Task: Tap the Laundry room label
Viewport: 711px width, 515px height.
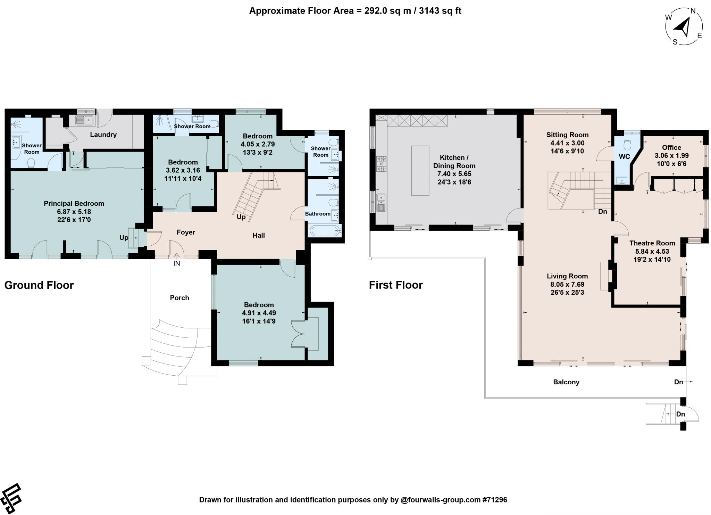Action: click(x=103, y=134)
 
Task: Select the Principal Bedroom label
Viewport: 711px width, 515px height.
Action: click(x=74, y=203)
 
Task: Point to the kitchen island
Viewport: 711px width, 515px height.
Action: click(x=420, y=171)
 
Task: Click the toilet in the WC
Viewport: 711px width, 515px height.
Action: click(x=627, y=144)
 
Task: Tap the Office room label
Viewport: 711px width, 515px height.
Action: click(x=671, y=147)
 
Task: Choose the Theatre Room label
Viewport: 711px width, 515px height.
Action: click(x=652, y=243)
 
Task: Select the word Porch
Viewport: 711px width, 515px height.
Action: click(x=179, y=298)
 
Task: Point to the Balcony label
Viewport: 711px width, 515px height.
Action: click(x=566, y=382)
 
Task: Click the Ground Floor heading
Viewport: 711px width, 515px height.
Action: click(x=39, y=285)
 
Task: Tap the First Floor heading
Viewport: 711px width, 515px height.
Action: click(x=396, y=285)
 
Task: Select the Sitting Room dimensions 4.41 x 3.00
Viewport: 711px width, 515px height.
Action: click(x=567, y=143)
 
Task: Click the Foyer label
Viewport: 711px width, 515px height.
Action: click(x=186, y=232)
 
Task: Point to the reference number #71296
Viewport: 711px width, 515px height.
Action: click(x=495, y=500)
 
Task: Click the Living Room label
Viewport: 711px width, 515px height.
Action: click(x=567, y=276)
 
